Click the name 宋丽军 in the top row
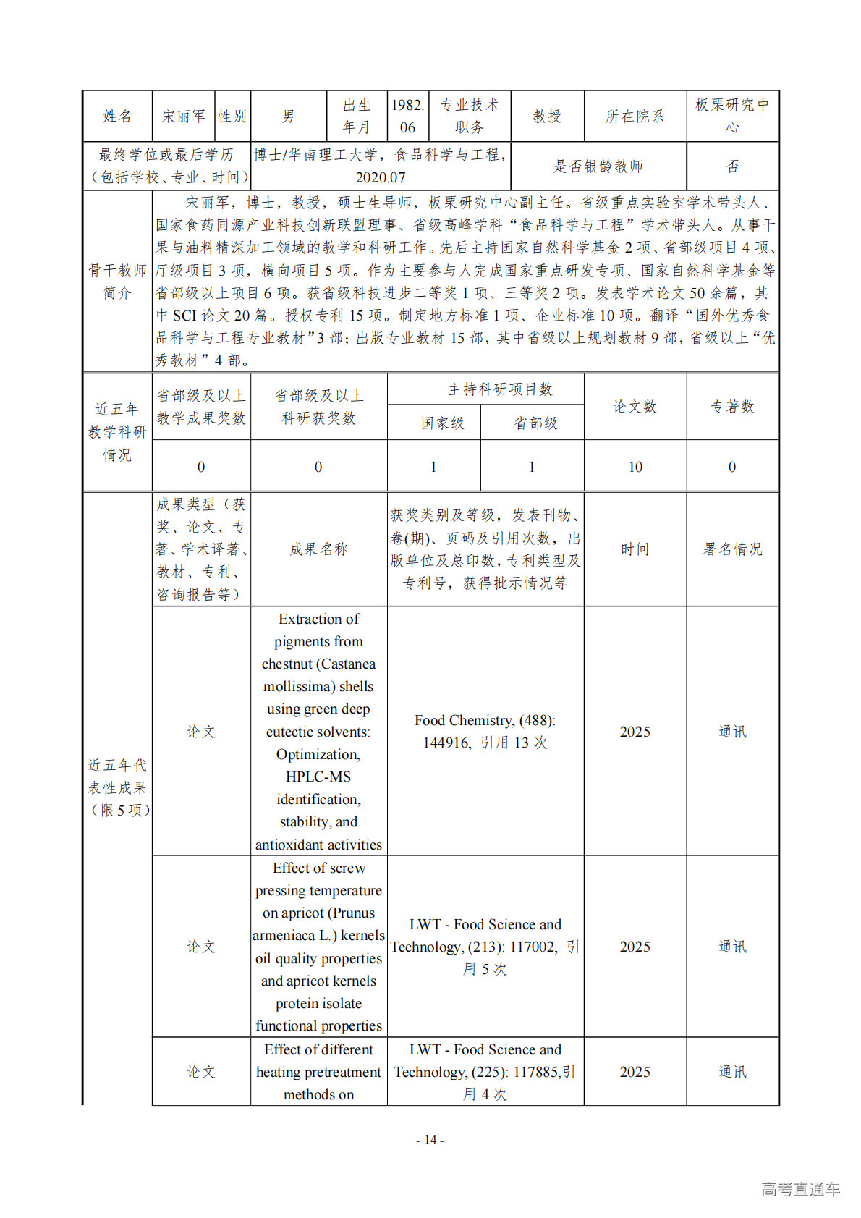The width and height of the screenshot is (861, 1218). tap(184, 117)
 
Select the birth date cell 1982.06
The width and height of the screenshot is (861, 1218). tap(407, 117)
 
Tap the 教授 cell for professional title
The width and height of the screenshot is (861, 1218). tap(547, 117)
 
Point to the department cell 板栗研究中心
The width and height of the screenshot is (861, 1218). tap(732, 116)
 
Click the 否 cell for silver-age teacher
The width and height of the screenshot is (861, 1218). tap(732, 166)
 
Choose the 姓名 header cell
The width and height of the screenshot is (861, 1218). tap(117, 117)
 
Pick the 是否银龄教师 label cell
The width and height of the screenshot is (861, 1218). tap(598, 166)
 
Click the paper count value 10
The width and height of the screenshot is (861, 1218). tap(635, 467)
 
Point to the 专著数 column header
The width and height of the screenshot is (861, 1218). tap(732, 407)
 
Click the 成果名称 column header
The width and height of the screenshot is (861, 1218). tap(318, 549)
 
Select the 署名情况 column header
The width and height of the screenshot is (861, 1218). tap(732, 549)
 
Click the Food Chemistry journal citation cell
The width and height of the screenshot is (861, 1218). tap(485, 731)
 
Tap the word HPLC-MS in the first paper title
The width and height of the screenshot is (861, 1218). tap(318, 777)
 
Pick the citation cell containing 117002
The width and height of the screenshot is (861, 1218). tap(485, 946)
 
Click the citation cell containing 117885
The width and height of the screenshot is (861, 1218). tap(485, 1071)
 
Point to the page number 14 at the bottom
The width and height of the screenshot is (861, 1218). tap(430, 1140)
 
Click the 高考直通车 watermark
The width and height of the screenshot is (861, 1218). tap(800, 1189)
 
